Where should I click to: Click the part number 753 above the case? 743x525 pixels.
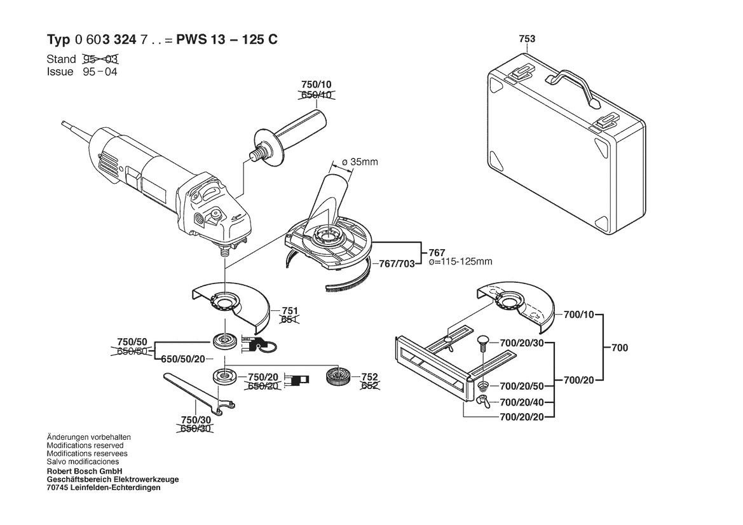[527, 39]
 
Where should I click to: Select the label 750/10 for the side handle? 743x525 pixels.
[316, 85]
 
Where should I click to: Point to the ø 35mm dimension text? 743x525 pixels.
[360, 162]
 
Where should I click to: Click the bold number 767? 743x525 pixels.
[437, 252]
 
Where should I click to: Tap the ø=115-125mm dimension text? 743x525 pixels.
[461, 262]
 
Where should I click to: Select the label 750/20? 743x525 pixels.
[263, 376]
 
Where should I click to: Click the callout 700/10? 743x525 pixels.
[578, 315]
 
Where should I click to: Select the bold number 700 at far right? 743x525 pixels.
[619, 348]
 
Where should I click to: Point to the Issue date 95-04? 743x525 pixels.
[100, 72]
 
